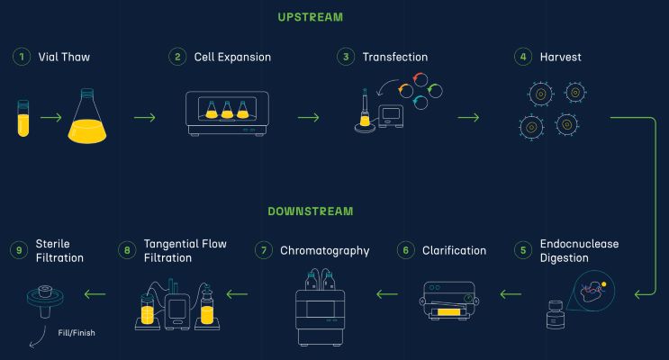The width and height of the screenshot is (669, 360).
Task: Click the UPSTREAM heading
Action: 310,17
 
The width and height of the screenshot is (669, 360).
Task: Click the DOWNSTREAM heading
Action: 310,212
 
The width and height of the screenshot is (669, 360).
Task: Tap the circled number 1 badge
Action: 20,57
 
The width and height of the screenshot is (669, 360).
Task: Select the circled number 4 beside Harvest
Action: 521,57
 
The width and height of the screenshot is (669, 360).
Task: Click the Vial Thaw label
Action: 64,57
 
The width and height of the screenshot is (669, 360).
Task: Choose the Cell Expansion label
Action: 232,57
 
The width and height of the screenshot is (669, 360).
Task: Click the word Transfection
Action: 394,57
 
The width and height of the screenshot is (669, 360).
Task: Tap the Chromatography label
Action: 324,250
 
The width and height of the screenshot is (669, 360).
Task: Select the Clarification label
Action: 454,250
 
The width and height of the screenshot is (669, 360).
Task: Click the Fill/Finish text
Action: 76,332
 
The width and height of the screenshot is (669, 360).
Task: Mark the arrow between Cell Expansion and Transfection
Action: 308,117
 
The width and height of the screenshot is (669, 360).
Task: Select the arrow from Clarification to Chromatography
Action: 387,293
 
